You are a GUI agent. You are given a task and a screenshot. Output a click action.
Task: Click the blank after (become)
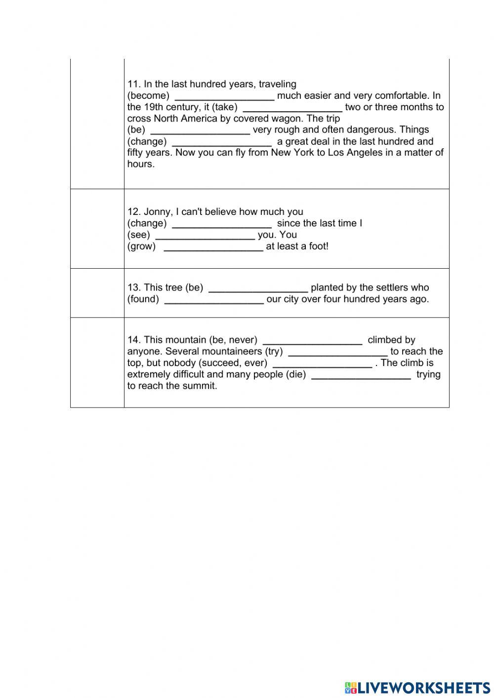(x=225, y=96)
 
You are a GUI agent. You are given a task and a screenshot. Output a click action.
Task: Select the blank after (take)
(x=292, y=107)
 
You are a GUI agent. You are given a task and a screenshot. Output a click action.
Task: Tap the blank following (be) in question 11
(x=200, y=130)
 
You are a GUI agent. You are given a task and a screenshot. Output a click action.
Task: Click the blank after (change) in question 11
(x=222, y=142)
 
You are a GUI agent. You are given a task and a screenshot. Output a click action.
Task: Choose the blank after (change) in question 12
(x=222, y=224)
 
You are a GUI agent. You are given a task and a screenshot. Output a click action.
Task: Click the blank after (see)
(x=205, y=235)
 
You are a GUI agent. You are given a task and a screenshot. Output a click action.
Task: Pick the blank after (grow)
(x=213, y=246)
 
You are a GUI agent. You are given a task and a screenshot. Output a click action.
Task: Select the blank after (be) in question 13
(x=258, y=288)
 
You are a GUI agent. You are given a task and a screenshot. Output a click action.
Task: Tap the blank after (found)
(x=214, y=299)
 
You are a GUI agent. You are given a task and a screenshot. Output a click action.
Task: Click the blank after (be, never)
(x=313, y=340)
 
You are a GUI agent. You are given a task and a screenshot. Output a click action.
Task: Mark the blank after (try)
(x=338, y=352)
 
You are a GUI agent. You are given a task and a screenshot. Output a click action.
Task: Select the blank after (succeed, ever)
(x=322, y=363)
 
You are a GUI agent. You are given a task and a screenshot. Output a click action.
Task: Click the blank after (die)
(x=362, y=375)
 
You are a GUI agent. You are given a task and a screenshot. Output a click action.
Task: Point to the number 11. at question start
(x=134, y=84)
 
